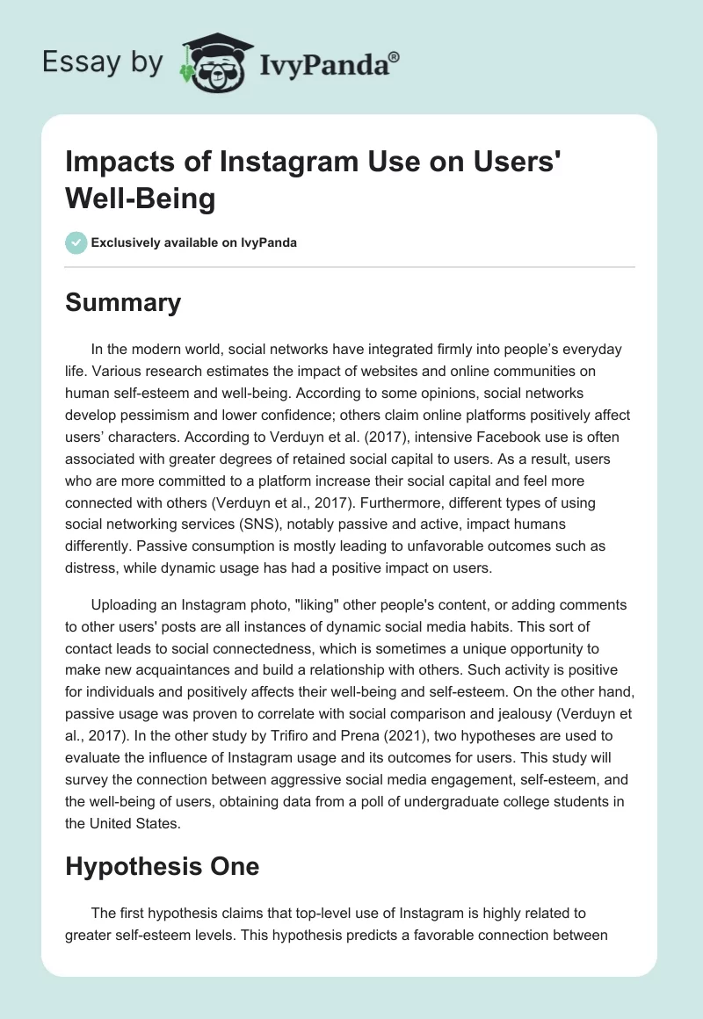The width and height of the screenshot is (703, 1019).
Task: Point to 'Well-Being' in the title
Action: pos(140,199)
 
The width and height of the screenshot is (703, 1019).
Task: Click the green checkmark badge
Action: pos(76,242)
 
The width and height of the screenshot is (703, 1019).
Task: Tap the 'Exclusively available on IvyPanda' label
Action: pos(193,243)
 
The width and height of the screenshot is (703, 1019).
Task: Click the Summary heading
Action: pos(122,303)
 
